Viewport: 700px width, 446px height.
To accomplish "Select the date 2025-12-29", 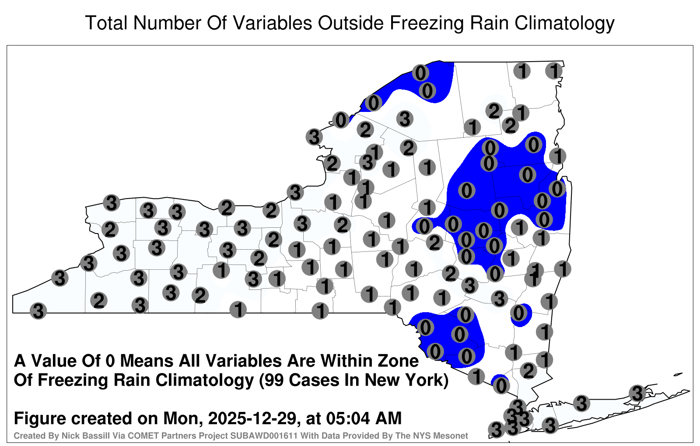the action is click(x=252, y=418).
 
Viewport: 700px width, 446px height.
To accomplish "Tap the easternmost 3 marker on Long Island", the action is click(x=637, y=393).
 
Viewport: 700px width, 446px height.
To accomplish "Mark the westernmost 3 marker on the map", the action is click(x=38, y=311).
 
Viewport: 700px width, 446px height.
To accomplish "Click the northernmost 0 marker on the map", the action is click(x=420, y=73).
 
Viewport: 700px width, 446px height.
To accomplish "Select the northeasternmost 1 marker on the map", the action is click(x=554, y=71).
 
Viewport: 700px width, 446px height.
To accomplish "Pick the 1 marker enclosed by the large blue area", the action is click(x=519, y=227).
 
